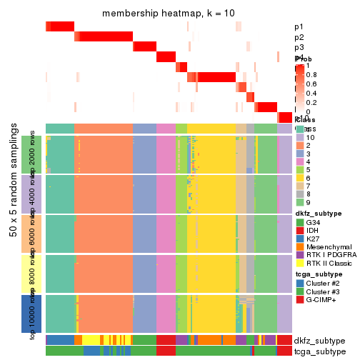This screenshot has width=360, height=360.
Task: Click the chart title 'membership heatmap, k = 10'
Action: [169, 14]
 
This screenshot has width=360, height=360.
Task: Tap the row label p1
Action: [299, 27]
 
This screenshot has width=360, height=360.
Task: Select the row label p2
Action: [299, 37]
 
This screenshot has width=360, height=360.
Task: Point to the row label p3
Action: [299, 47]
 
